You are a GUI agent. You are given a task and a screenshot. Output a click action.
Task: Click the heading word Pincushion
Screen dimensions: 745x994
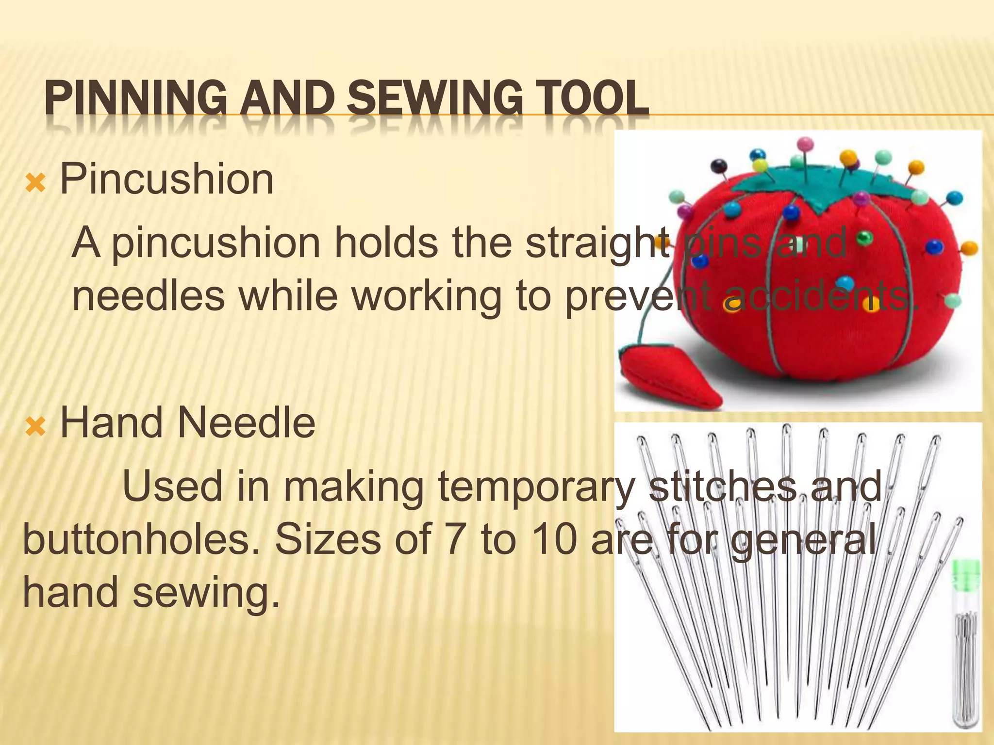tap(166, 179)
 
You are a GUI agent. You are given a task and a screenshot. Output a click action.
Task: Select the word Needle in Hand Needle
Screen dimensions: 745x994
tap(247, 423)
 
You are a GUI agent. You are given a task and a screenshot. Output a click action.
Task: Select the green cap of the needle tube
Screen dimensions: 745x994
tap(966, 572)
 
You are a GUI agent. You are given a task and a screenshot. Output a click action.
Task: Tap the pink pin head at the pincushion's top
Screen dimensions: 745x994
tap(805, 144)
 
